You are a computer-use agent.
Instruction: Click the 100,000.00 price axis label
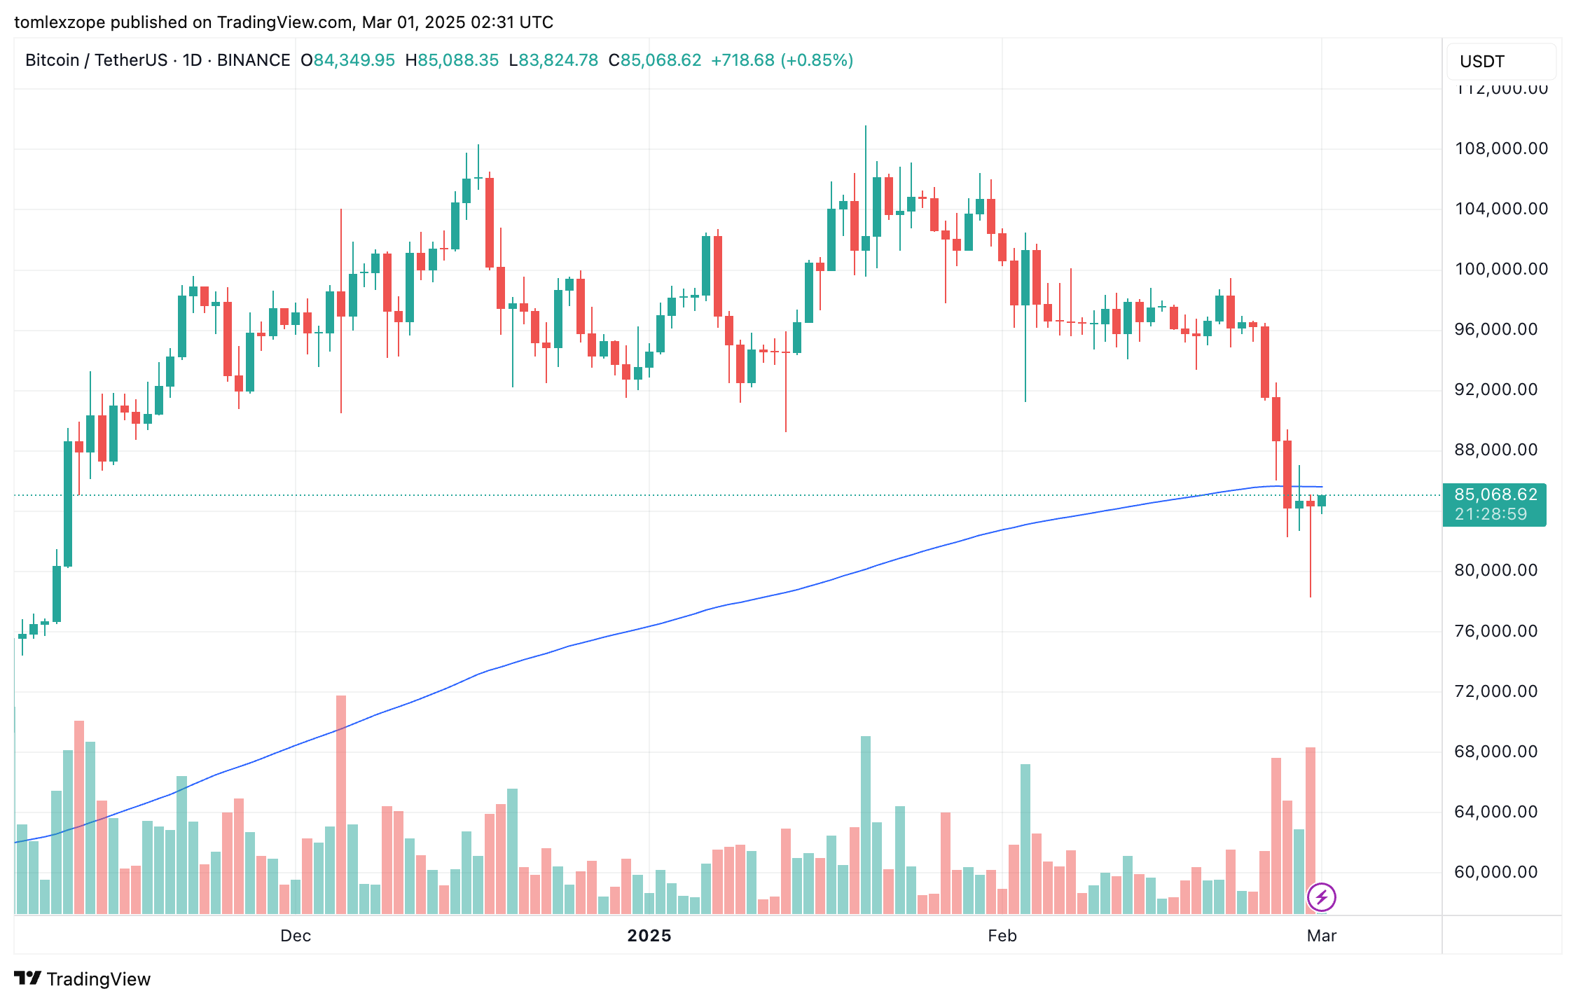(x=1501, y=269)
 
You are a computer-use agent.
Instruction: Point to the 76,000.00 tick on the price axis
(x=1495, y=631)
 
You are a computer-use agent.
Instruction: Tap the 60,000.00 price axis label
(x=1495, y=872)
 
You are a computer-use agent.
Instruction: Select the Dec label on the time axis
(x=295, y=936)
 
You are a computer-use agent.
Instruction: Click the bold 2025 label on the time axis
(x=649, y=936)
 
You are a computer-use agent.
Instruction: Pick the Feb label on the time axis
(x=1002, y=936)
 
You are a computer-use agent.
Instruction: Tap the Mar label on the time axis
(x=1321, y=936)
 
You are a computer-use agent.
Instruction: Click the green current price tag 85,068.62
(x=1495, y=495)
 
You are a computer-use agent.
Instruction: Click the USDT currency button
(x=1481, y=62)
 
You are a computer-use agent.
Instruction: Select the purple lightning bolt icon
(x=1321, y=897)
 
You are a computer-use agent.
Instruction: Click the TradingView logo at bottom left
(x=82, y=978)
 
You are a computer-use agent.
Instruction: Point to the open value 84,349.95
(x=354, y=60)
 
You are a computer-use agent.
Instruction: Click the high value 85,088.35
(x=458, y=60)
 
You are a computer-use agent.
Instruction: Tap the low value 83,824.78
(x=558, y=60)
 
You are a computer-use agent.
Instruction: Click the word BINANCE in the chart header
(x=254, y=60)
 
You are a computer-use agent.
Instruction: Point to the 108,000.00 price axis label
(x=1501, y=148)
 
